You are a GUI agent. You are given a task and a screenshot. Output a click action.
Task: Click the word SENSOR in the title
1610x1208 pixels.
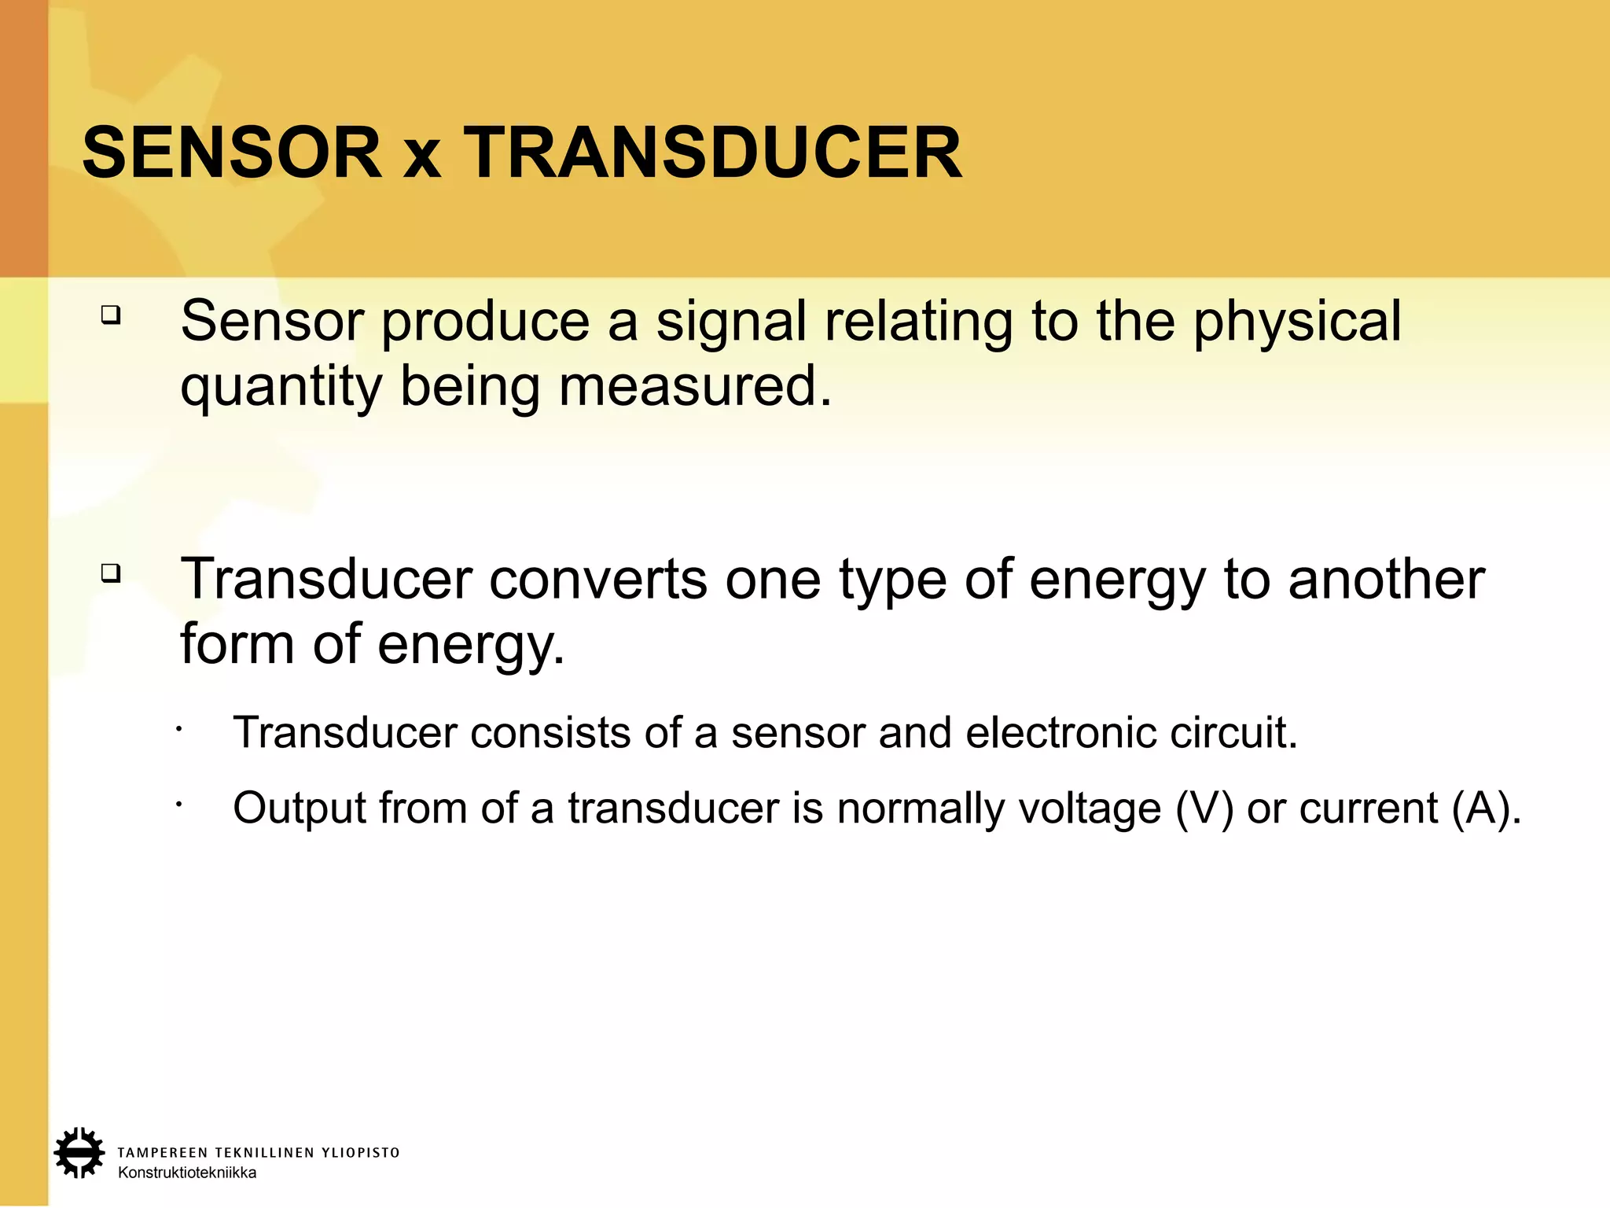[232, 153]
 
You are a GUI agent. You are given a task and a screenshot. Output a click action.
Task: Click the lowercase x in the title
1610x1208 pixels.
[422, 157]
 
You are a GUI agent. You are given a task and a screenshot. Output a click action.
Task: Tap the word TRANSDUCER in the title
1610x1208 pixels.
[712, 153]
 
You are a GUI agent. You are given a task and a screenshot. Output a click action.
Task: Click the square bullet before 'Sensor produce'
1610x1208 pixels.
[111, 316]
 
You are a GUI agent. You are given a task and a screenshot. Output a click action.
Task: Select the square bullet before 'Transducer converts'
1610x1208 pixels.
[111, 573]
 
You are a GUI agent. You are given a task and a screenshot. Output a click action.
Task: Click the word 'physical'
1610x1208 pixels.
[1297, 322]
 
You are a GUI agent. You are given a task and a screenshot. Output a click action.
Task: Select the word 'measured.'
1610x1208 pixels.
[695, 386]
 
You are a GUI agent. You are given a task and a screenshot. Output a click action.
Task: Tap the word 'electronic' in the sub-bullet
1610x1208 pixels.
[1060, 733]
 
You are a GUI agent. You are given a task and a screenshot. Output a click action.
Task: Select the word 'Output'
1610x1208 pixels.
[299, 808]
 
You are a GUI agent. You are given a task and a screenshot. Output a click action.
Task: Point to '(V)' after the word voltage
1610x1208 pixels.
[1204, 808]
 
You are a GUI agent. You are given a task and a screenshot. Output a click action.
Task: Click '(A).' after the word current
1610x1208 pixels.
[1487, 808]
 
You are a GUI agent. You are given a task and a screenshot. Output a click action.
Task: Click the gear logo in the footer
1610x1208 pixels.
[79, 1153]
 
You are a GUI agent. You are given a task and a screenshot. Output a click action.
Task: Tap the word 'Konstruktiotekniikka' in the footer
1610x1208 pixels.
[187, 1173]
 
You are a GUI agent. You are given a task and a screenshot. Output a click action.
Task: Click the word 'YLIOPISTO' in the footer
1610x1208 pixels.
[361, 1153]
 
